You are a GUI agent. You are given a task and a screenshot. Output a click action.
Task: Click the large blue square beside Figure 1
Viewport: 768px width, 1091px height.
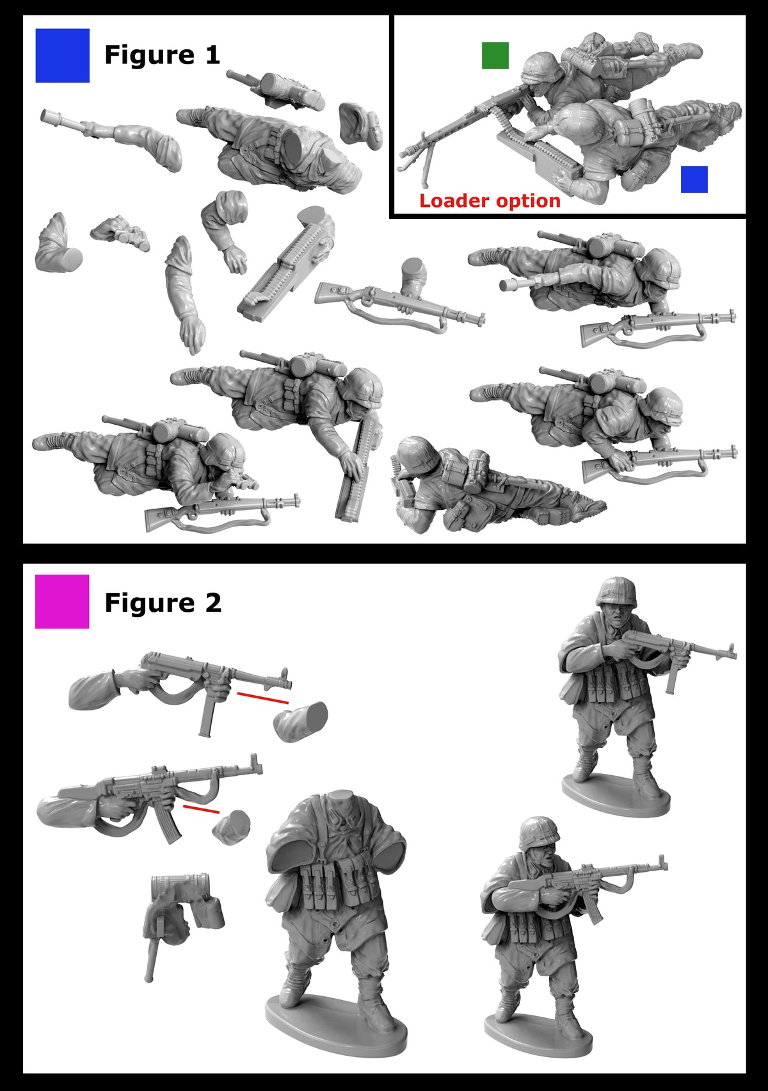tap(62, 56)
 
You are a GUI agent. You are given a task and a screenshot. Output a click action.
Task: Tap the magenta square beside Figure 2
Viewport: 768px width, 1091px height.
tap(62, 601)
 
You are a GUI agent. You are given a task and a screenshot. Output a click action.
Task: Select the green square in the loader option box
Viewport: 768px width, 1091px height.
tap(495, 56)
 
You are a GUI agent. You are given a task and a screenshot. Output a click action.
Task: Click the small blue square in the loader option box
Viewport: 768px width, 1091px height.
tap(694, 179)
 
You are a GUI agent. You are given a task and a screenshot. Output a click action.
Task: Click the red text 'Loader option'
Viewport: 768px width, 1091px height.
tap(490, 201)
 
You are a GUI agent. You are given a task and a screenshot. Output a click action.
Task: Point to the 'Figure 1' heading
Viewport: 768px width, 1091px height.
tap(162, 55)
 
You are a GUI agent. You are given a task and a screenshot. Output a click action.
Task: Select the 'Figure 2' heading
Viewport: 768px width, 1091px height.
tap(163, 603)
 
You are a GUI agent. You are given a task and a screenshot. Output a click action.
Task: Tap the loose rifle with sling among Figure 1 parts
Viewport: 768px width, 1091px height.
tap(397, 305)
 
